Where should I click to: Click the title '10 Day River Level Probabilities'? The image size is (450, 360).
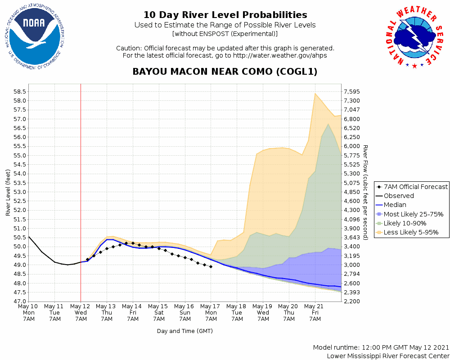[x=225, y=15]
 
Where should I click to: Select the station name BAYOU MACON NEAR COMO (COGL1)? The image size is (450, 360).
[x=225, y=72]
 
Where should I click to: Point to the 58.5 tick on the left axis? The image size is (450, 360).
[x=18, y=91]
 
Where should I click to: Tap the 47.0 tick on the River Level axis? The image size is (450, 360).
[x=18, y=301]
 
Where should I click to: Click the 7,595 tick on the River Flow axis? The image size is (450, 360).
[x=352, y=91]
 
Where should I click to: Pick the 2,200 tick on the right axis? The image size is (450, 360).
[x=352, y=301]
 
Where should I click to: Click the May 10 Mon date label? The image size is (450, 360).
[x=28, y=312]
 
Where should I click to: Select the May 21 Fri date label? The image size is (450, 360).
[x=315, y=312]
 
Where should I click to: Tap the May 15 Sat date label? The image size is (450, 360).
[x=159, y=312]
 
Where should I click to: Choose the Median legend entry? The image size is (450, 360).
[x=395, y=205]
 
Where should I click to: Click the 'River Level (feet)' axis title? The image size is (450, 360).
[x=8, y=192]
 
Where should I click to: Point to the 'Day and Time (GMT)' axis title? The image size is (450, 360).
[x=184, y=331]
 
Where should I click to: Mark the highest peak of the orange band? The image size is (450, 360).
[x=315, y=93]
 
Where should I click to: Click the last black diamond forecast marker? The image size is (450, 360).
[x=211, y=266]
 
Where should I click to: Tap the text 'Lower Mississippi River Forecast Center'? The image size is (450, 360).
[x=388, y=356]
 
